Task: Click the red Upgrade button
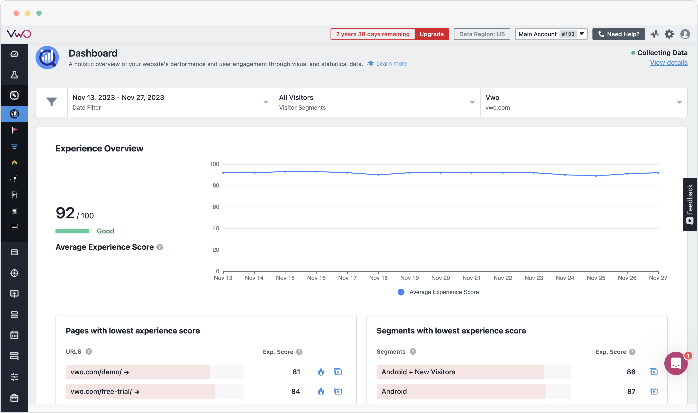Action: pos(431,34)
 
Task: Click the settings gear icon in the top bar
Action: pos(669,34)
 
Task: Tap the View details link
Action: pos(668,63)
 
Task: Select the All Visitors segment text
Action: pos(296,97)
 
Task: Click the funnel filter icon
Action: pos(51,102)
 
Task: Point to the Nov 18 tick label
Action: pos(378,278)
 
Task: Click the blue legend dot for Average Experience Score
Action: pos(401,292)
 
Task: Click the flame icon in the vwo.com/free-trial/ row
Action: pos(321,391)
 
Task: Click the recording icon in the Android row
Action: pos(653,391)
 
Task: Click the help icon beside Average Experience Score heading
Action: pos(159,247)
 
